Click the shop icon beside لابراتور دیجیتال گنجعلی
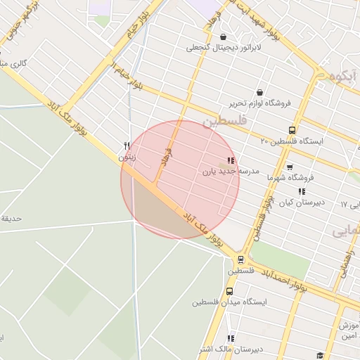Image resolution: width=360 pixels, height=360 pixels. tap(224, 37)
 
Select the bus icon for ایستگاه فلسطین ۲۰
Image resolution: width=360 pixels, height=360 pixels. tap(292, 130)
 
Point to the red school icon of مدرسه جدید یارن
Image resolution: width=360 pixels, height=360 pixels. tap(231, 161)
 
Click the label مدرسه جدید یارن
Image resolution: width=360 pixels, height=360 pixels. tap(231, 172)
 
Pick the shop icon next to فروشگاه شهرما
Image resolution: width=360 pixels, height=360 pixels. tap(290, 167)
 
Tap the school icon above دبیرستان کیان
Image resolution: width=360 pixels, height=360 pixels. tap(302, 191)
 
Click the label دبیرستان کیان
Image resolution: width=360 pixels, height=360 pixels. tap(302, 202)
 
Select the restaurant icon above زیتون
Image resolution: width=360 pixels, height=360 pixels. tap(127, 146)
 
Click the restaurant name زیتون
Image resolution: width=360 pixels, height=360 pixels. tap(127, 157)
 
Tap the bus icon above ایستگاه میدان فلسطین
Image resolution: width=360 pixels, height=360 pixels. tap(229, 291)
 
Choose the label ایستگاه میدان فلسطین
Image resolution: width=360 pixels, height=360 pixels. tap(229, 302)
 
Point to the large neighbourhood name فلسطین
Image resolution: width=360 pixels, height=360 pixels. tap(225, 122)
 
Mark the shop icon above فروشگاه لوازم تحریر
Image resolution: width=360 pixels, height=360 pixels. tap(259, 92)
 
